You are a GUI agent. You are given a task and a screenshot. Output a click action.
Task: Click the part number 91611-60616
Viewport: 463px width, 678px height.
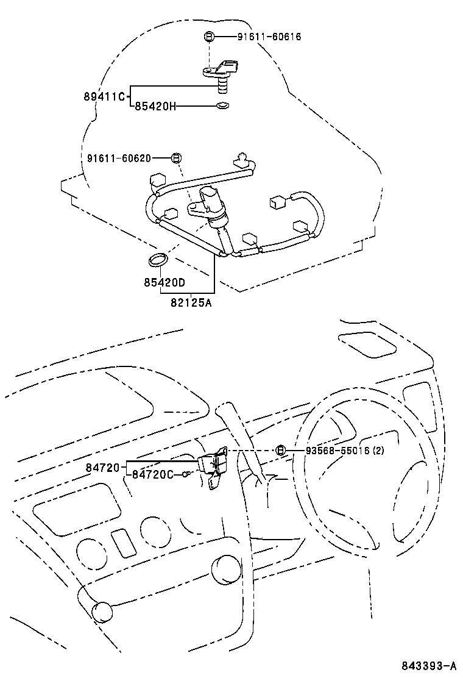pos(269,37)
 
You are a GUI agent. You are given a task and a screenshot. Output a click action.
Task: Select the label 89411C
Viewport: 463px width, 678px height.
pos(104,96)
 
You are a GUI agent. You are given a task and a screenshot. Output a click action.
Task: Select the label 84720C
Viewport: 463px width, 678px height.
pos(152,474)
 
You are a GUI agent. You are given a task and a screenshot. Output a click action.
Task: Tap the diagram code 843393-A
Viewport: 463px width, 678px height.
pos(428,665)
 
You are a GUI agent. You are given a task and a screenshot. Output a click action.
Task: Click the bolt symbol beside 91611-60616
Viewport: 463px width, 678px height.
pos(208,37)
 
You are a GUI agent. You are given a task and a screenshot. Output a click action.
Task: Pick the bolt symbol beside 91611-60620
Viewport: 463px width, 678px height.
pos(175,158)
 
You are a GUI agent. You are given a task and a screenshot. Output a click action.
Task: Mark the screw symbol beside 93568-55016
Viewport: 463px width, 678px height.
pos(280,451)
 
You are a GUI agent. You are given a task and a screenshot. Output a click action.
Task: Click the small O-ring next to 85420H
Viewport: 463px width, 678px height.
pos(223,106)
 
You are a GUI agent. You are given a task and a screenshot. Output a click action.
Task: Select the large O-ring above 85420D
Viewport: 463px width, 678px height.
pos(157,260)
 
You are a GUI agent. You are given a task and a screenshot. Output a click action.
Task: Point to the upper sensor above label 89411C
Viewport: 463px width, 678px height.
pos(221,73)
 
